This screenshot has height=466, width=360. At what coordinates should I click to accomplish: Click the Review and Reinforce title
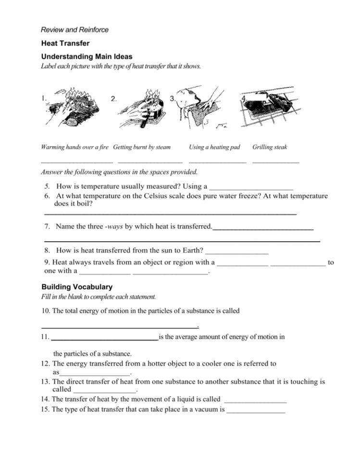click(74, 30)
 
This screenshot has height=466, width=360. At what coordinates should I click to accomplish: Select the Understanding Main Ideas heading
click(87, 57)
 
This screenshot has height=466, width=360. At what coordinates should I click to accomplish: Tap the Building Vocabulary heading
click(77, 287)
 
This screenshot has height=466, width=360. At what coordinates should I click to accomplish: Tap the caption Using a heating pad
click(214, 147)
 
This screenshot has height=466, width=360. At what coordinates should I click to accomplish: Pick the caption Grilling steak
click(270, 147)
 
